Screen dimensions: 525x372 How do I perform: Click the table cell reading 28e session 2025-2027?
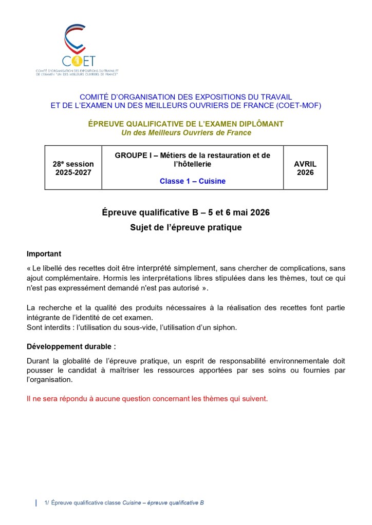(73, 168)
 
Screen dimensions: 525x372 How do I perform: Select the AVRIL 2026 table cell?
(305, 168)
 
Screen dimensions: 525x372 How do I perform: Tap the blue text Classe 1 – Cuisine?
(192, 181)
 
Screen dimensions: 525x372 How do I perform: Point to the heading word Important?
(44, 254)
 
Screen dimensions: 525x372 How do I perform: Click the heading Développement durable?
(71, 346)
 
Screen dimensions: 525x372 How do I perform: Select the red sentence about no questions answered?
(147, 398)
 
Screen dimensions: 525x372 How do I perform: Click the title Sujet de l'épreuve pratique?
(185, 227)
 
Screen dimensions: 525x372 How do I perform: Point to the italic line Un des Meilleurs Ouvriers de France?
(186, 133)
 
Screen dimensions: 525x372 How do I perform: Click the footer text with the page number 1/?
(123, 503)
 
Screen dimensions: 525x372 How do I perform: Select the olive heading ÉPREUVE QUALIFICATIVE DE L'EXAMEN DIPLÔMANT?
(185, 124)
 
